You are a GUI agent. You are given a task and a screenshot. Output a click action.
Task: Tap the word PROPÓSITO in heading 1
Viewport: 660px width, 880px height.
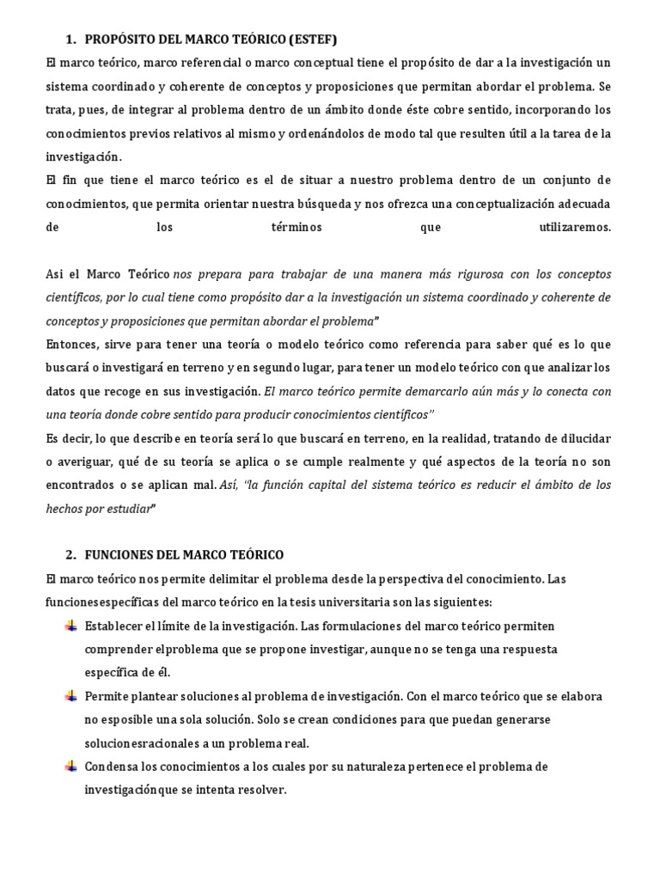[x=119, y=40]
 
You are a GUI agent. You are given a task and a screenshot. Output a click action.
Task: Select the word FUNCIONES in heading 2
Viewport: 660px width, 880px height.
[x=125, y=554]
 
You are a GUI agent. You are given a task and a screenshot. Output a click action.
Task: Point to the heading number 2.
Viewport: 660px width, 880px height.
[x=70, y=554]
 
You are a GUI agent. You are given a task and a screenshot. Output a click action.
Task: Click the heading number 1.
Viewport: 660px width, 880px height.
[x=70, y=40]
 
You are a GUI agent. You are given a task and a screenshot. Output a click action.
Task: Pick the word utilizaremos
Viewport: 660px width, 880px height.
[x=571, y=228]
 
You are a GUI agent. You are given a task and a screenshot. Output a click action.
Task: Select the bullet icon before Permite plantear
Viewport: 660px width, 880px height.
[x=71, y=694]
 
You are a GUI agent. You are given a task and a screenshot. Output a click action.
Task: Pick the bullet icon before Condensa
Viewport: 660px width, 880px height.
[x=71, y=765]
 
